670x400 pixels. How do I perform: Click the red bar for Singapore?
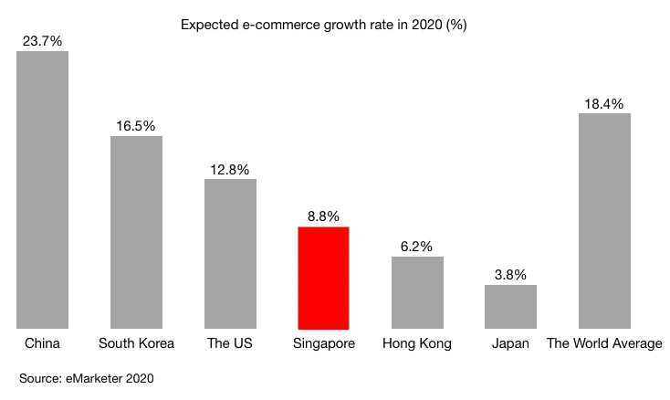pos(323,278)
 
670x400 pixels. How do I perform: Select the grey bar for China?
pos(43,189)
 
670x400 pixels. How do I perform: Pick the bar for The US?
pos(230,253)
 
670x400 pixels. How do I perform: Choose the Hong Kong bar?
pos(417,292)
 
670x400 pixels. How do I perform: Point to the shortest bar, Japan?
pos(510,306)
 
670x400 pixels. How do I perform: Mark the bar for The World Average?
pos(604,220)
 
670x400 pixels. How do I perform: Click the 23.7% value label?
pos(43,40)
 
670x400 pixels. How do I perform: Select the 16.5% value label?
pos(136,125)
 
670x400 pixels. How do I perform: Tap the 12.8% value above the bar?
pos(230,168)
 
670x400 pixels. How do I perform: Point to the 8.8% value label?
pos(323,216)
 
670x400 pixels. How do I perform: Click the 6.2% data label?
pos(417,246)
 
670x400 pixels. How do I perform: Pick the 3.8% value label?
pos(510,274)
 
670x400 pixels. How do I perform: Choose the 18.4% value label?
pos(604,103)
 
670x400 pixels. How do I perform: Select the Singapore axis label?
pos(323,344)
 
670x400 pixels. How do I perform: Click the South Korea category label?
pos(136,344)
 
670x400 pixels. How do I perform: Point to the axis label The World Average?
pos(604,344)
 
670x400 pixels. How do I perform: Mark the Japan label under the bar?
pos(510,344)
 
